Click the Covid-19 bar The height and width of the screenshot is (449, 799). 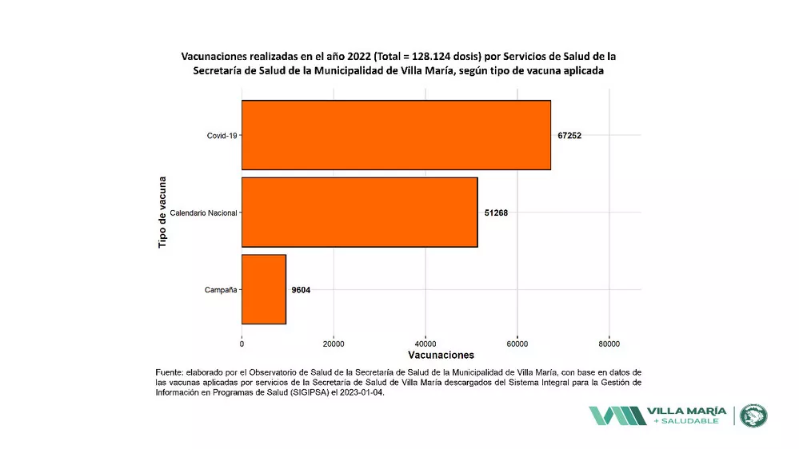coord(396,135)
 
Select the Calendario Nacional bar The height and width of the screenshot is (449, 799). coord(359,213)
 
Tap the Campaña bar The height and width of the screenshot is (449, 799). coord(263,289)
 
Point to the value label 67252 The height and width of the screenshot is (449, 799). coord(569,136)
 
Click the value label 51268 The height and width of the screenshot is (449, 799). coord(496,213)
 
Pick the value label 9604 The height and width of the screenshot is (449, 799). coord(301,290)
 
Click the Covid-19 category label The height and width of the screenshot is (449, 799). coord(222,136)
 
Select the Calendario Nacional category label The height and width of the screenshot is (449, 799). coord(203,213)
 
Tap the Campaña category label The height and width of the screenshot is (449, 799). coord(220,290)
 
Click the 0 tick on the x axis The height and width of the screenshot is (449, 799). coord(242,344)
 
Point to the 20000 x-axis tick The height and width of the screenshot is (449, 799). coord(334,344)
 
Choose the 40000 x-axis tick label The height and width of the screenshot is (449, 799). coord(425,344)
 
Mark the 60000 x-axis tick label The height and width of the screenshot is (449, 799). coord(517,344)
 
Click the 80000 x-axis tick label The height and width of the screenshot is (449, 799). coord(609,344)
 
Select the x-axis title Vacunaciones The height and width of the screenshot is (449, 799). coord(441,356)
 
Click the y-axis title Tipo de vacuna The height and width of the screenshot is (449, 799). coord(162,212)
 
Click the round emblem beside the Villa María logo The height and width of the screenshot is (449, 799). coord(753,415)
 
